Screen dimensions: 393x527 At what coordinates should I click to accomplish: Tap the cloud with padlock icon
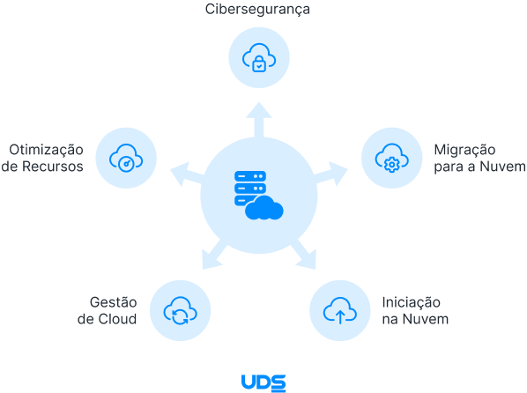click(258, 58)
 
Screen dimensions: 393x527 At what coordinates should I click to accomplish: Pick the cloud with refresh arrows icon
click(180, 309)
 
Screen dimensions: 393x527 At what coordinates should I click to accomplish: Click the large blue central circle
click(258, 195)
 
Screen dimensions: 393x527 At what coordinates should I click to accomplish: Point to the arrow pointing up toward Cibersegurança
click(258, 118)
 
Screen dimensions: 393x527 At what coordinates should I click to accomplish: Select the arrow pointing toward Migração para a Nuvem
click(331, 172)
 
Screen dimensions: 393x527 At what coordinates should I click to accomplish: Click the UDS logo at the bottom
click(263, 382)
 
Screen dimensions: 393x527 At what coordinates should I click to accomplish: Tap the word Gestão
click(114, 300)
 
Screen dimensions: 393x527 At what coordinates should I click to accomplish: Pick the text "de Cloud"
click(108, 318)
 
